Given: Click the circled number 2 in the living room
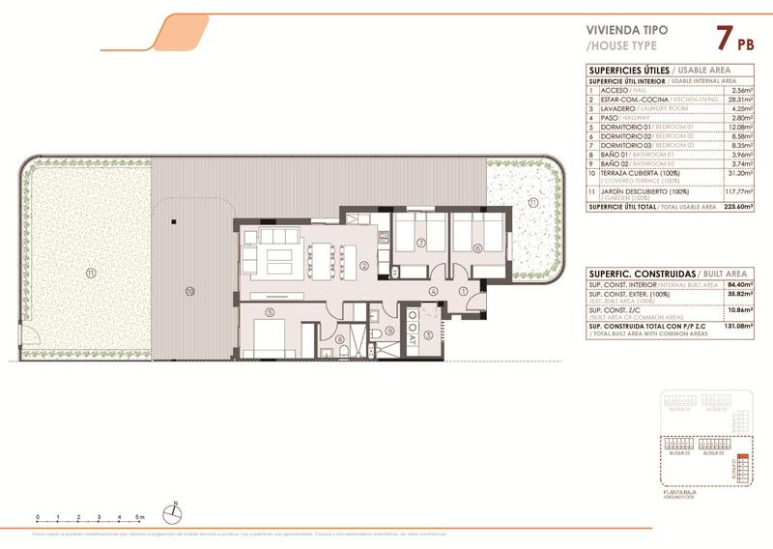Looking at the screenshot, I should click(364, 266).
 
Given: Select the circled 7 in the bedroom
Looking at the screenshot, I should click(422, 243).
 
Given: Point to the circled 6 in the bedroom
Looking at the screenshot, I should click(476, 247).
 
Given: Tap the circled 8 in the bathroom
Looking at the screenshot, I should click(340, 338).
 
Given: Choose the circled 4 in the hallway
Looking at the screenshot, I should click(434, 290).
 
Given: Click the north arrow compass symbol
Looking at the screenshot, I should click(174, 514).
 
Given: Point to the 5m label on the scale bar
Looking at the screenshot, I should click(143, 518).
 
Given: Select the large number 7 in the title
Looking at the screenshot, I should click(722, 40).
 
